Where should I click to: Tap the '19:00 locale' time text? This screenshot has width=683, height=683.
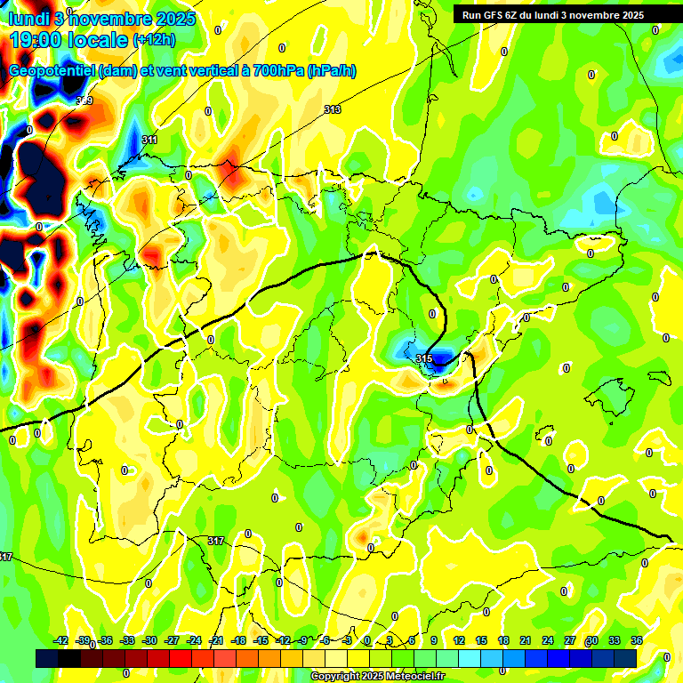tap(69, 39)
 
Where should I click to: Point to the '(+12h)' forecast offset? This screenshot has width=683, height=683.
tap(154, 39)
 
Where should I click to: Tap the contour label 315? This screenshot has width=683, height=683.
tap(424, 358)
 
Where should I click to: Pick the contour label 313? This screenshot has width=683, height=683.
tap(333, 109)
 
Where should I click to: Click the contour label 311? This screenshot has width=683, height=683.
tap(149, 141)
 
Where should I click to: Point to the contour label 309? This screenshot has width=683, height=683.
tap(84, 100)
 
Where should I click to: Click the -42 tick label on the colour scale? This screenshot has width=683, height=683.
tap(61, 640)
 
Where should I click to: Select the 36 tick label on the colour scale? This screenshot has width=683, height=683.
tap(637, 640)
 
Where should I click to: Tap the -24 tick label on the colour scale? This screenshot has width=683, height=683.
tap(194, 640)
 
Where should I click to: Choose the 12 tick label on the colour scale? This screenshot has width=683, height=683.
tap(459, 640)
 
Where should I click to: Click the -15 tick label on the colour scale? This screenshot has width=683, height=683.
tap(261, 640)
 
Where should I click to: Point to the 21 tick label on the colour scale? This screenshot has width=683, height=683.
tap(526, 640)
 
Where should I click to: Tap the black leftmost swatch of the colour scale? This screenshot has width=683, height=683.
tap(47, 657)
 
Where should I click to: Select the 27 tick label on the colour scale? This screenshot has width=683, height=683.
tap(570, 640)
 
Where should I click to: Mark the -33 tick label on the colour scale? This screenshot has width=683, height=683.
tap(127, 640)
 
